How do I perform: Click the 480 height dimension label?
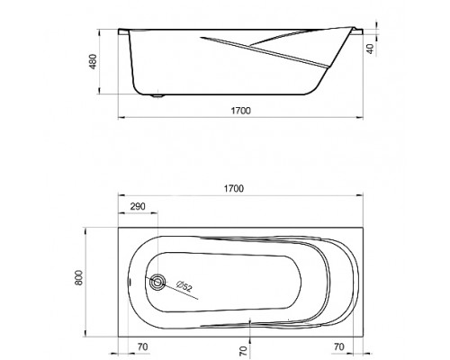point(94,61)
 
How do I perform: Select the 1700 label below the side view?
point(240,111)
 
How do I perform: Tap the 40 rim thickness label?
point(371,49)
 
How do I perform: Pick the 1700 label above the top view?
point(234,188)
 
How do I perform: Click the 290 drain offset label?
point(138,206)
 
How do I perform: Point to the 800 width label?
point(78,278)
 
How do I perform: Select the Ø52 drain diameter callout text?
point(184,286)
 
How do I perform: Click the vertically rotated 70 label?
point(244,350)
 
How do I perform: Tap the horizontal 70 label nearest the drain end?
point(143,347)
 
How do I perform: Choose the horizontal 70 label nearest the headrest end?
point(339,347)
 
